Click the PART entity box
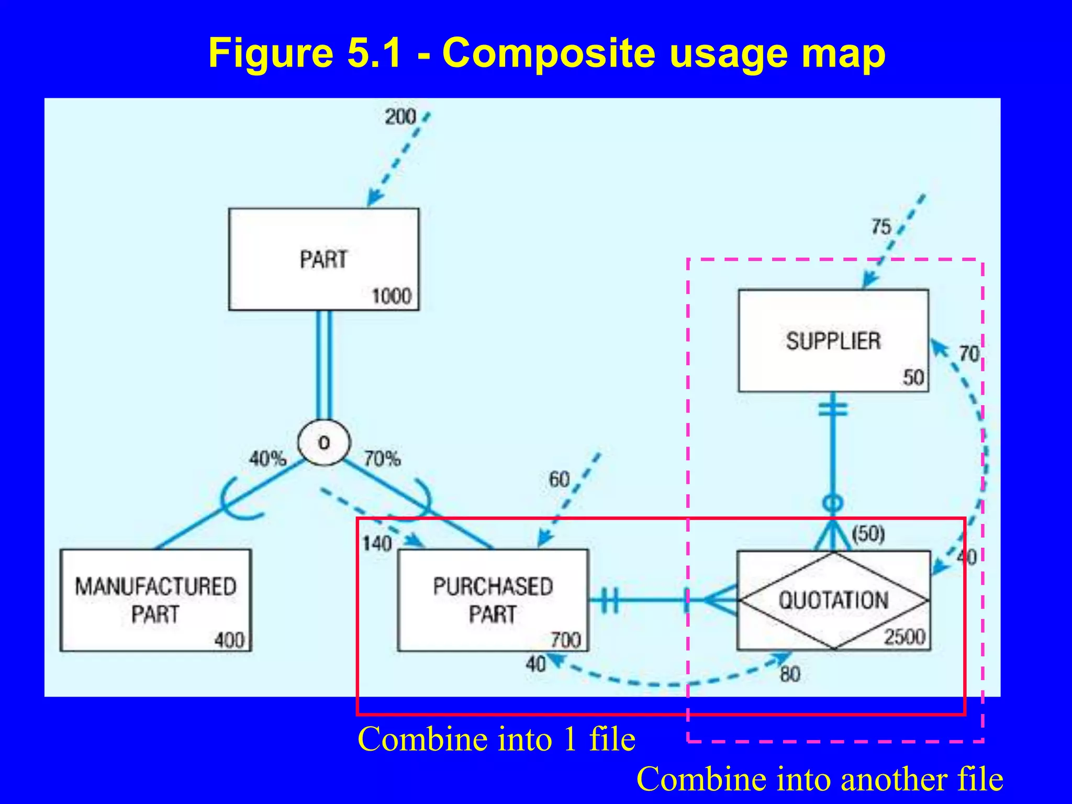pyautogui.click(x=323, y=260)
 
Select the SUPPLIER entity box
pyautogui.click(x=833, y=341)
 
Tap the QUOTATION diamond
pyautogui.click(x=833, y=600)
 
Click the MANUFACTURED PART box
pyautogui.click(x=155, y=600)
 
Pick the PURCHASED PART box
pyautogui.click(x=493, y=600)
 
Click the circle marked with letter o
pyautogui.click(x=323, y=443)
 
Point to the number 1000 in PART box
pyautogui.click(x=392, y=297)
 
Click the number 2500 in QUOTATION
pyautogui.click(x=904, y=637)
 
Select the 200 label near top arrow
pyautogui.click(x=400, y=117)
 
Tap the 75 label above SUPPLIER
pyautogui.click(x=881, y=227)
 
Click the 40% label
pyautogui.click(x=267, y=459)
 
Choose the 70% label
pyautogui.click(x=382, y=459)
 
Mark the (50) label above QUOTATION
pyautogui.click(x=868, y=534)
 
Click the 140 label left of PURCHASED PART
pyautogui.click(x=377, y=544)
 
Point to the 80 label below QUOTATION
pyautogui.click(x=790, y=674)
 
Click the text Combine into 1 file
pyautogui.click(x=496, y=739)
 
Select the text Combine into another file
pyautogui.click(x=819, y=779)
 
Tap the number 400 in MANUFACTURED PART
pyautogui.click(x=229, y=640)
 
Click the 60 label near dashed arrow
pyautogui.click(x=559, y=479)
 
